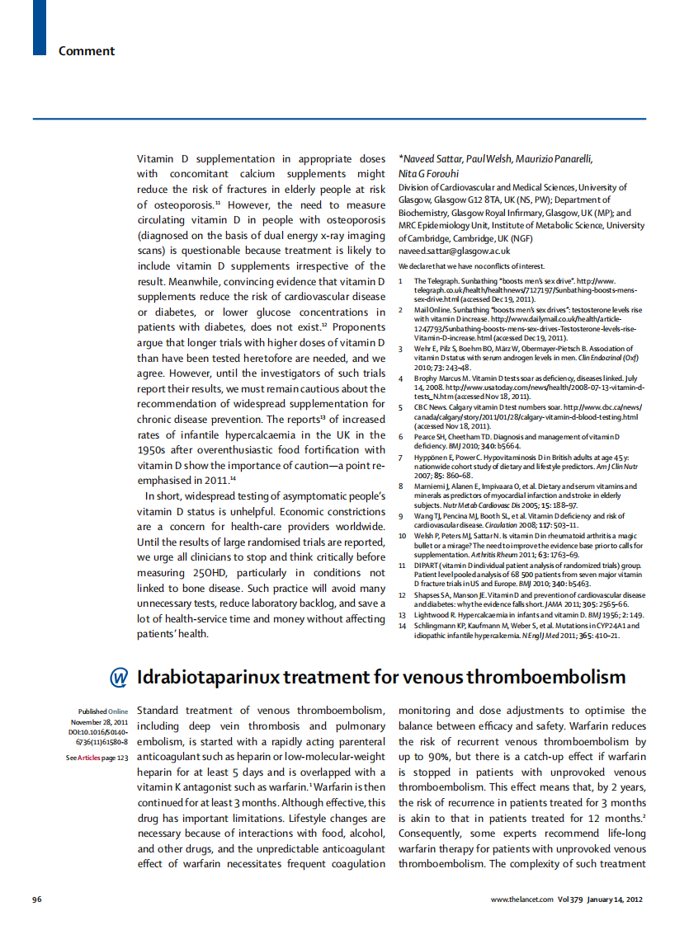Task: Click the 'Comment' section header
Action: pyautogui.click(x=86, y=51)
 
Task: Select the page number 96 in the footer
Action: pyautogui.click(x=36, y=898)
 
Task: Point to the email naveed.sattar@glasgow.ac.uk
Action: pyautogui.click(x=454, y=251)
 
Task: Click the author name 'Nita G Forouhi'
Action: pyautogui.click(x=429, y=174)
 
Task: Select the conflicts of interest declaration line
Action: pyautogui.click(x=471, y=266)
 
